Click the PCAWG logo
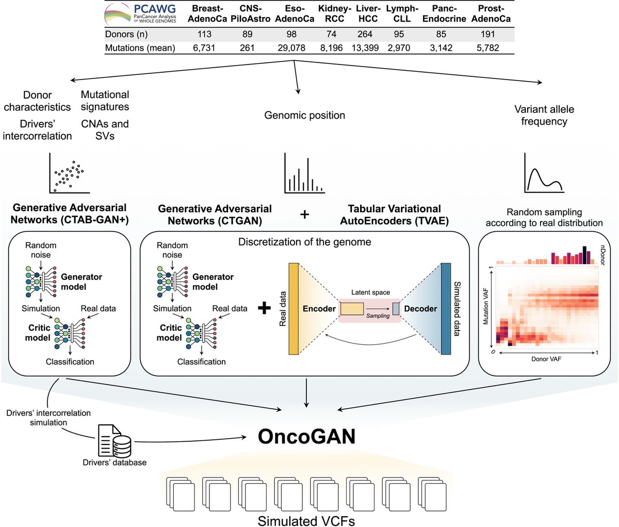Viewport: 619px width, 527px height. (140, 13)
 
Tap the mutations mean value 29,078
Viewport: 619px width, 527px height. (295, 48)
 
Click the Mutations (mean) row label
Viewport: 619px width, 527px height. (140, 48)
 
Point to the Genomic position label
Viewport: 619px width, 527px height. (304, 115)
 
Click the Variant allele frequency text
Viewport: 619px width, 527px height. (544, 115)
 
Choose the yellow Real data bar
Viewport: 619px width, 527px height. (294, 309)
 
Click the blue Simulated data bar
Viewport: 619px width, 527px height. (446, 309)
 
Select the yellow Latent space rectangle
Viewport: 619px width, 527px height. (351, 309)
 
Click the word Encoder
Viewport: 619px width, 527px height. (319, 309)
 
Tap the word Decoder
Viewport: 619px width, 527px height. (420, 309)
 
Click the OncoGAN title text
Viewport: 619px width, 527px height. (306, 437)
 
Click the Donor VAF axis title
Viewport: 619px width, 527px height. (546, 359)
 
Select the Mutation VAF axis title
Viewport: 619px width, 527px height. (485, 307)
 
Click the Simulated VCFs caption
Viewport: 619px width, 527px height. (306, 520)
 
